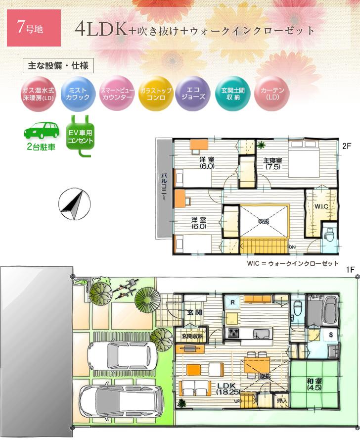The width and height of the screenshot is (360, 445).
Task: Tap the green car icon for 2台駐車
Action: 42,131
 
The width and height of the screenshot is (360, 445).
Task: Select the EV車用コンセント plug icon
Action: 80,134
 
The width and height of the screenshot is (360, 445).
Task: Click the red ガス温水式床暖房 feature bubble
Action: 38,94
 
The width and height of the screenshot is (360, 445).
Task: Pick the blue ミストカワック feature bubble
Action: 78,94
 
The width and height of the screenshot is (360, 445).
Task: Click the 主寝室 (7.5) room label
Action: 272,163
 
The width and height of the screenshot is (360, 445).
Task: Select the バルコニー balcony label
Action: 163,186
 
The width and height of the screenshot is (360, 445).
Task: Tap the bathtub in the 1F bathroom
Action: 329,310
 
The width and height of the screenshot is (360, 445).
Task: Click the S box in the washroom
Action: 331,335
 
